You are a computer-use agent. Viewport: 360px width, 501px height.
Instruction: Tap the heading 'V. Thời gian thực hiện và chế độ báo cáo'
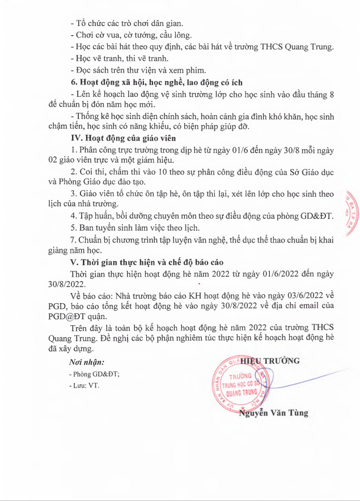(x=146, y=262)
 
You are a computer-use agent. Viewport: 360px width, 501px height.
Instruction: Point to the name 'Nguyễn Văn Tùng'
(x=274, y=413)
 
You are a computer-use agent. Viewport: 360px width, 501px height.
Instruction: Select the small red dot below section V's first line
(x=199, y=283)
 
